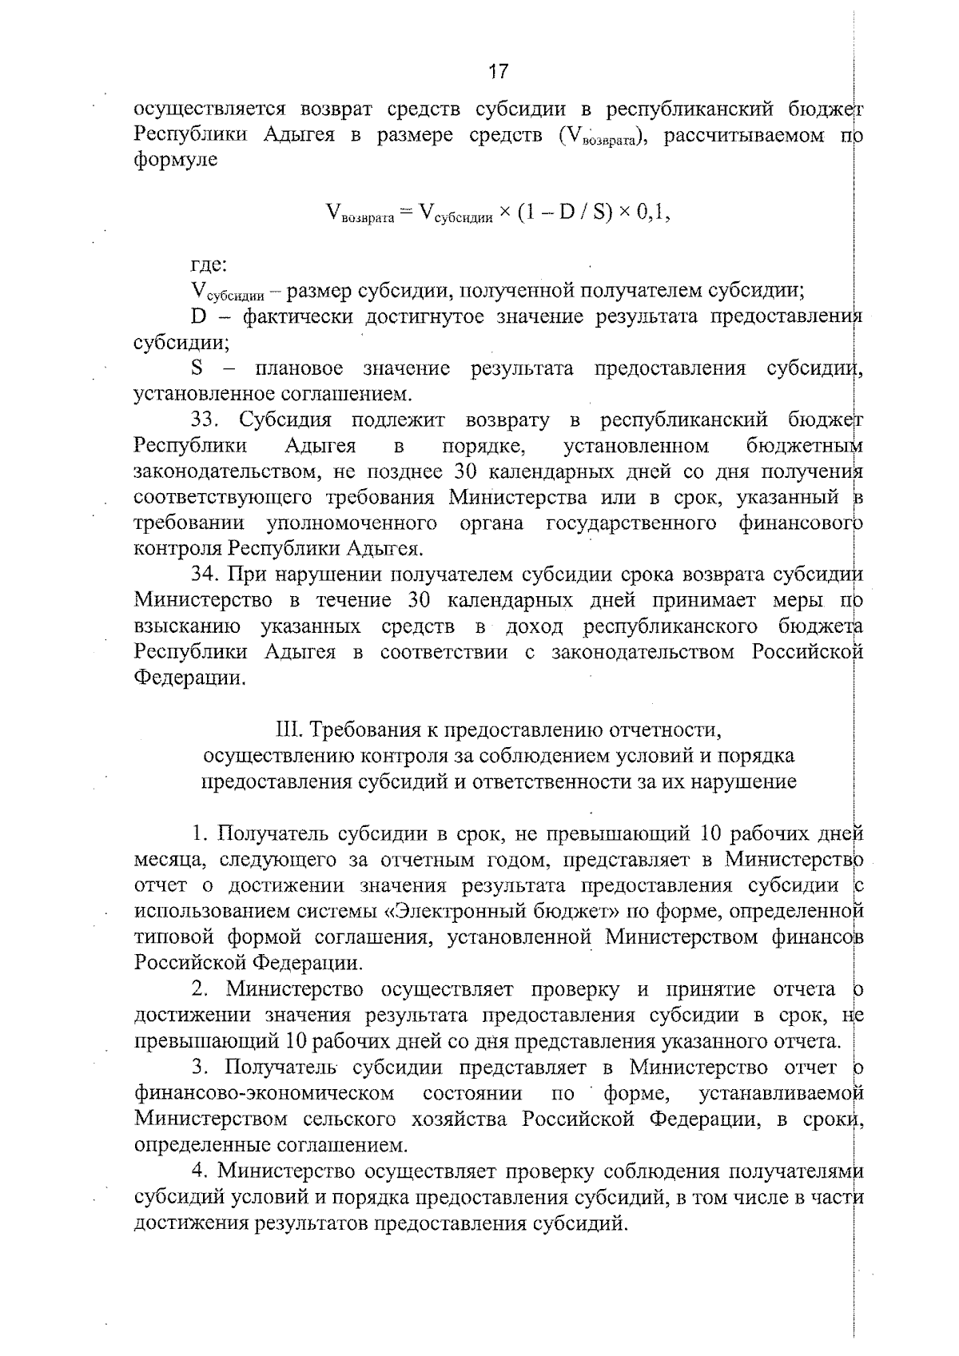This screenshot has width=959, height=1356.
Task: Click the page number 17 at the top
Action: click(497, 72)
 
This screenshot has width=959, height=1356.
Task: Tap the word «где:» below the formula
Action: click(209, 264)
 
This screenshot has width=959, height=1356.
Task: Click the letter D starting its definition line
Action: click(199, 317)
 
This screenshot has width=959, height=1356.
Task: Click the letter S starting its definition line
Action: click(197, 369)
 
